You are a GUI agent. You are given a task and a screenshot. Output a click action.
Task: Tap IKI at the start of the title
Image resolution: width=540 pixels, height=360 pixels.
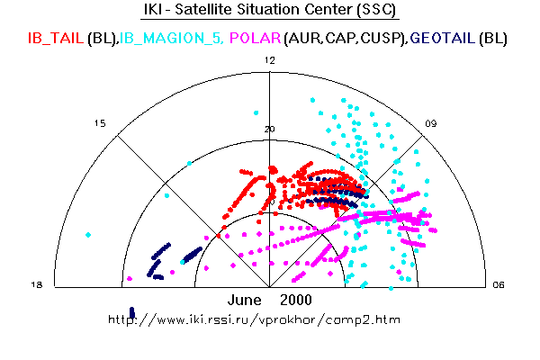point(156,11)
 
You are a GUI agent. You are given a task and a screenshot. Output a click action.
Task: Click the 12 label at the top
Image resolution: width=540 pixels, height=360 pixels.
point(269,59)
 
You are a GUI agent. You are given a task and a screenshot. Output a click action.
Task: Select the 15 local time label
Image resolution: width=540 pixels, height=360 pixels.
point(101,123)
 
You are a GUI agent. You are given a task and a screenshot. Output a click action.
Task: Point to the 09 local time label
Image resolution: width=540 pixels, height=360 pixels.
point(432,123)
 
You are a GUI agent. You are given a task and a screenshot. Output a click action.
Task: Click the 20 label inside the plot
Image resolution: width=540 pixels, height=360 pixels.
point(269,129)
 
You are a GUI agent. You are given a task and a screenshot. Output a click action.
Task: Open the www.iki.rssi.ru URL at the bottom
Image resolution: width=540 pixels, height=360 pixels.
point(254,319)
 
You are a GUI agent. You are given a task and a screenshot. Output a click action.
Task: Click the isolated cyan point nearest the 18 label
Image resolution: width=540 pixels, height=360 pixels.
point(88,235)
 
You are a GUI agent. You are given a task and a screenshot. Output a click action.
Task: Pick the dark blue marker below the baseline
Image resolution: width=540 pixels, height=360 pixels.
point(132,312)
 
